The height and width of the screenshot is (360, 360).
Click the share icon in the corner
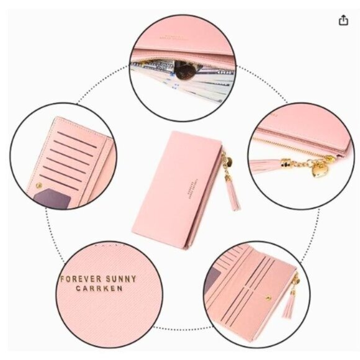pos(343,20)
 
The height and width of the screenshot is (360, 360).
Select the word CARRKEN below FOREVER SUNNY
pos(99,289)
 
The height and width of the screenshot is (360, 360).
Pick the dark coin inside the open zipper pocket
pos(182,70)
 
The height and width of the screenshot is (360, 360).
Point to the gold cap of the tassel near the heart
pos(287,163)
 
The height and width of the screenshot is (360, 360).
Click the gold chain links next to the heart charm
pos(304,163)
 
